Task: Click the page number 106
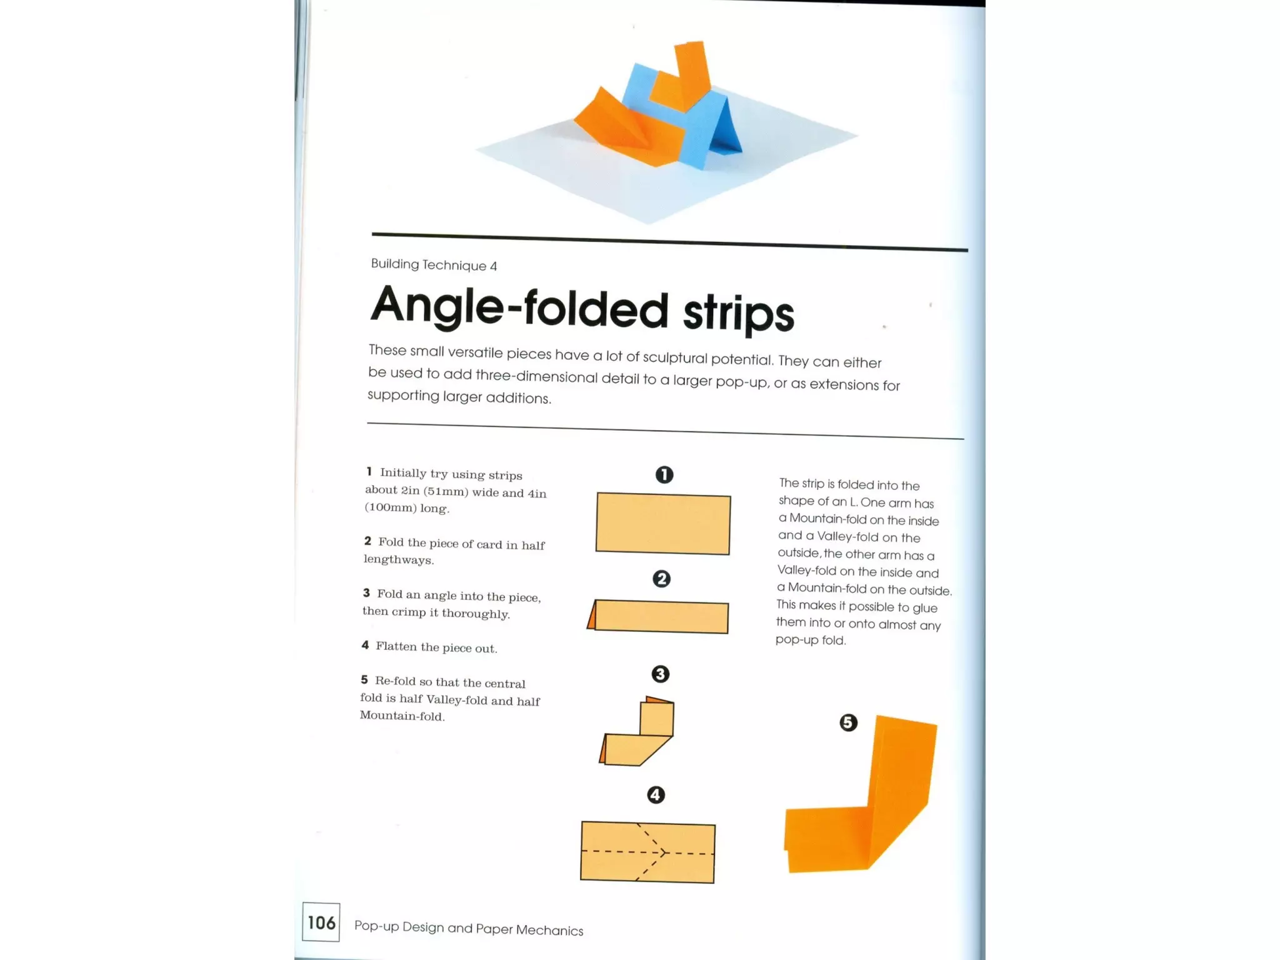[x=321, y=922]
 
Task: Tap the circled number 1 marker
[x=664, y=475]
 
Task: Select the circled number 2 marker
[x=661, y=579]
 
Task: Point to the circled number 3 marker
[x=660, y=674]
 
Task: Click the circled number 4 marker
[x=656, y=795]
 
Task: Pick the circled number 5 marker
[x=848, y=723]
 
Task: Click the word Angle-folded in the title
[x=519, y=307]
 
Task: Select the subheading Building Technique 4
[x=434, y=265]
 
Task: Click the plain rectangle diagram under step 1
[x=662, y=524]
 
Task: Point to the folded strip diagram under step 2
[x=659, y=617]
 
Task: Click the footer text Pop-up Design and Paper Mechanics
[x=469, y=928]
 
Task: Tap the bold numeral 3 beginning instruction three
[x=366, y=593]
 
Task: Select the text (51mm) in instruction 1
[x=446, y=491]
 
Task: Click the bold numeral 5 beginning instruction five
[x=364, y=679]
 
